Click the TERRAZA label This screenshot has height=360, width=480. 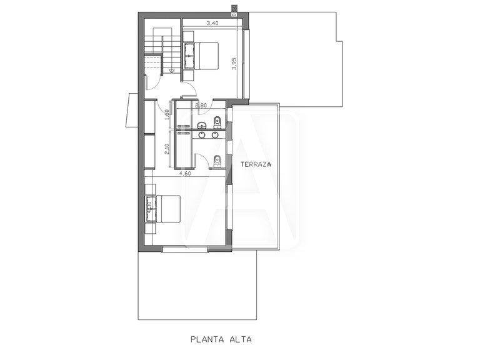254,163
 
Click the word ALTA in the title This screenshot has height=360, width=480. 242,341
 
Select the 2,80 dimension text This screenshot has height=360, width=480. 201,105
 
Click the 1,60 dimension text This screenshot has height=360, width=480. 167,114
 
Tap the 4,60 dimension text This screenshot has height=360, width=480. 185,174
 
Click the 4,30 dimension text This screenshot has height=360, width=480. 149,208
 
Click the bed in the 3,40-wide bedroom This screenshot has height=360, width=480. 201,54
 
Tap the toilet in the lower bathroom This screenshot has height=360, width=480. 216,160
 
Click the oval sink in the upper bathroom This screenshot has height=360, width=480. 202,126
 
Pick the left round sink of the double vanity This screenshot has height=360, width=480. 202,134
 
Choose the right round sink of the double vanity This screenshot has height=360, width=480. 215,134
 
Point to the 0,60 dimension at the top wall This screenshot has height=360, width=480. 233,9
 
